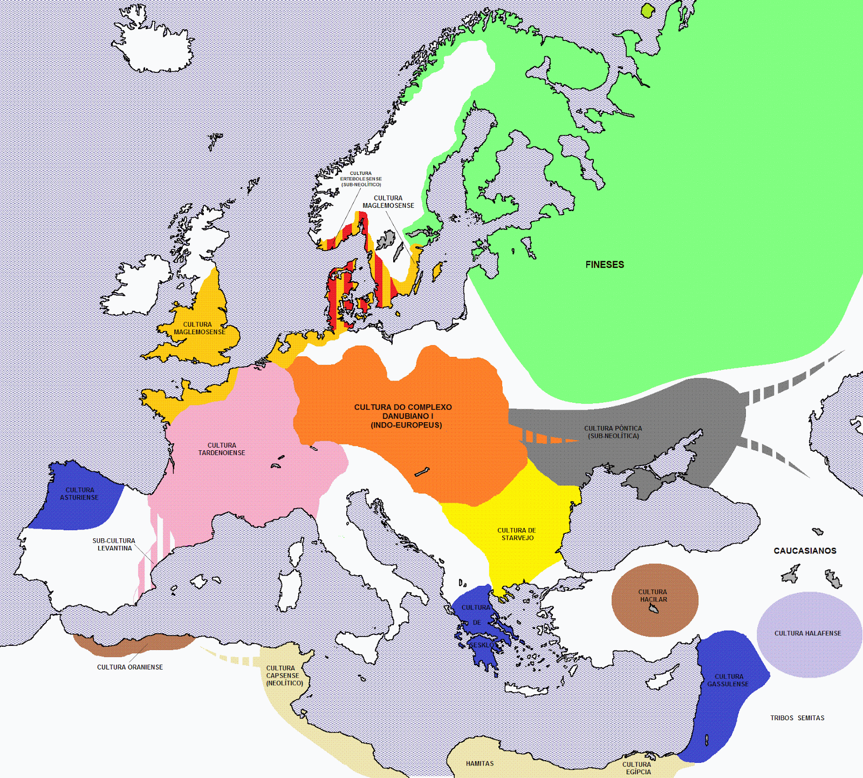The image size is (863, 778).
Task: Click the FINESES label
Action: tap(605, 265)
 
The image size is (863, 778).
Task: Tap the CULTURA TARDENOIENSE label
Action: tap(222, 449)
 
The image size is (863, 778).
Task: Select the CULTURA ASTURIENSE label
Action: tap(79, 494)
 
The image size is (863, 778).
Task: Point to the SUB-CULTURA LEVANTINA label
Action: tap(114, 544)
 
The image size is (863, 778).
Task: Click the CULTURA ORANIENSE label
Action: tap(130, 667)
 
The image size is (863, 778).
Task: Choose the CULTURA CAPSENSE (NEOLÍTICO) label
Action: tap(284, 675)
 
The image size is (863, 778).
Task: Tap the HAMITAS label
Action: tap(480, 763)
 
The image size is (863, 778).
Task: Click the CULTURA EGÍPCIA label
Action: tap(637, 768)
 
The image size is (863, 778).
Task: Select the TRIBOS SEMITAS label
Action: tap(797, 718)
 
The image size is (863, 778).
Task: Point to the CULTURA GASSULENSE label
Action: tap(728, 680)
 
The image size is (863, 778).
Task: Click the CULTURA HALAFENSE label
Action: tap(807, 633)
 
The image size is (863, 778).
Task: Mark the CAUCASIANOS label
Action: tap(805, 551)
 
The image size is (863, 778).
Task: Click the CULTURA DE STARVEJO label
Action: tap(517, 534)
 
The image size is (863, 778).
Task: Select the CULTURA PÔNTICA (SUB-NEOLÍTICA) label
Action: tap(613, 432)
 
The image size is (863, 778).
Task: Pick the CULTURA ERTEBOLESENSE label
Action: tap(361, 179)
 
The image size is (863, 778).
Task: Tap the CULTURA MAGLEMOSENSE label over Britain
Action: tap(200, 328)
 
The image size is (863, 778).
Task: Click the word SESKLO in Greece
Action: tap(481, 645)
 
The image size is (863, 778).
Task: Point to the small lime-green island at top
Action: tap(647, 10)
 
